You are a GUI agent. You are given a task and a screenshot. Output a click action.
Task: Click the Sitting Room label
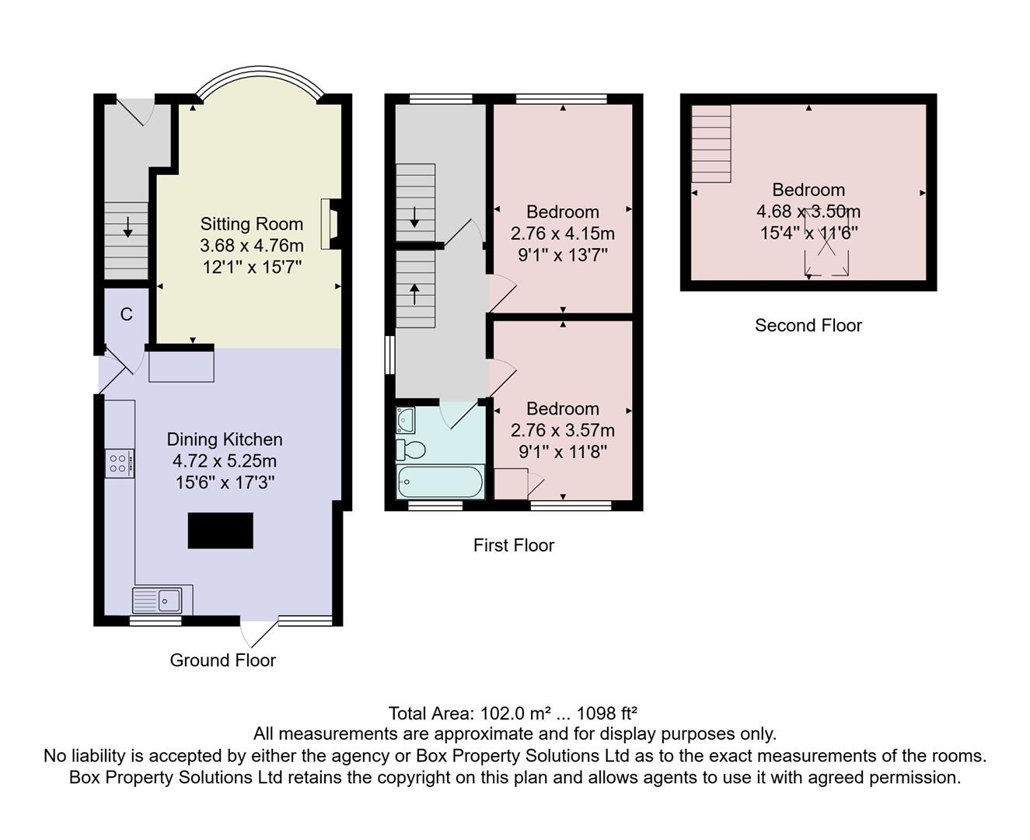point(251,224)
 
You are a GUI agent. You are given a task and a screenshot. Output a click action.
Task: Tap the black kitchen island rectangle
point(221,530)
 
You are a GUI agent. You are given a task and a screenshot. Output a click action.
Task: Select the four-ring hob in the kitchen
point(119,464)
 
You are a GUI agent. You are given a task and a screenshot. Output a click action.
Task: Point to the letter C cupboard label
point(126,314)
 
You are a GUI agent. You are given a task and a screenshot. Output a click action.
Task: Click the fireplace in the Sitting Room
point(329,223)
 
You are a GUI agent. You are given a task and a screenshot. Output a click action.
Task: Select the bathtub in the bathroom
point(440,482)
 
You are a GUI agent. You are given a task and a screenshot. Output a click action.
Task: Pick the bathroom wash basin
point(405,420)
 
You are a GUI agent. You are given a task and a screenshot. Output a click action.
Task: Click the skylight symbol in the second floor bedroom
point(826,243)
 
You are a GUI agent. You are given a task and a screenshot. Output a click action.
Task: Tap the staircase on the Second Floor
point(711,144)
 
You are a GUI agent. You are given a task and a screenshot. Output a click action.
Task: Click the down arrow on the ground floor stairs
point(127,226)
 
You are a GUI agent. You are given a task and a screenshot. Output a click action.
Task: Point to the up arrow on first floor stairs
point(414,294)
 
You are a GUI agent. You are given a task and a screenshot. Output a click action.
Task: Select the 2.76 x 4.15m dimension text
point(562,233)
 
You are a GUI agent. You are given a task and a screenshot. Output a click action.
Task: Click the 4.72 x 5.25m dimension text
point(225,461)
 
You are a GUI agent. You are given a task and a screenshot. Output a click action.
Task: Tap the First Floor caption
point(513,545)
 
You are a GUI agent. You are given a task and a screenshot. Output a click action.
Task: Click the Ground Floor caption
point(223,660)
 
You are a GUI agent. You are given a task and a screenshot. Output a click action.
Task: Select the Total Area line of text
point(513,713)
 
